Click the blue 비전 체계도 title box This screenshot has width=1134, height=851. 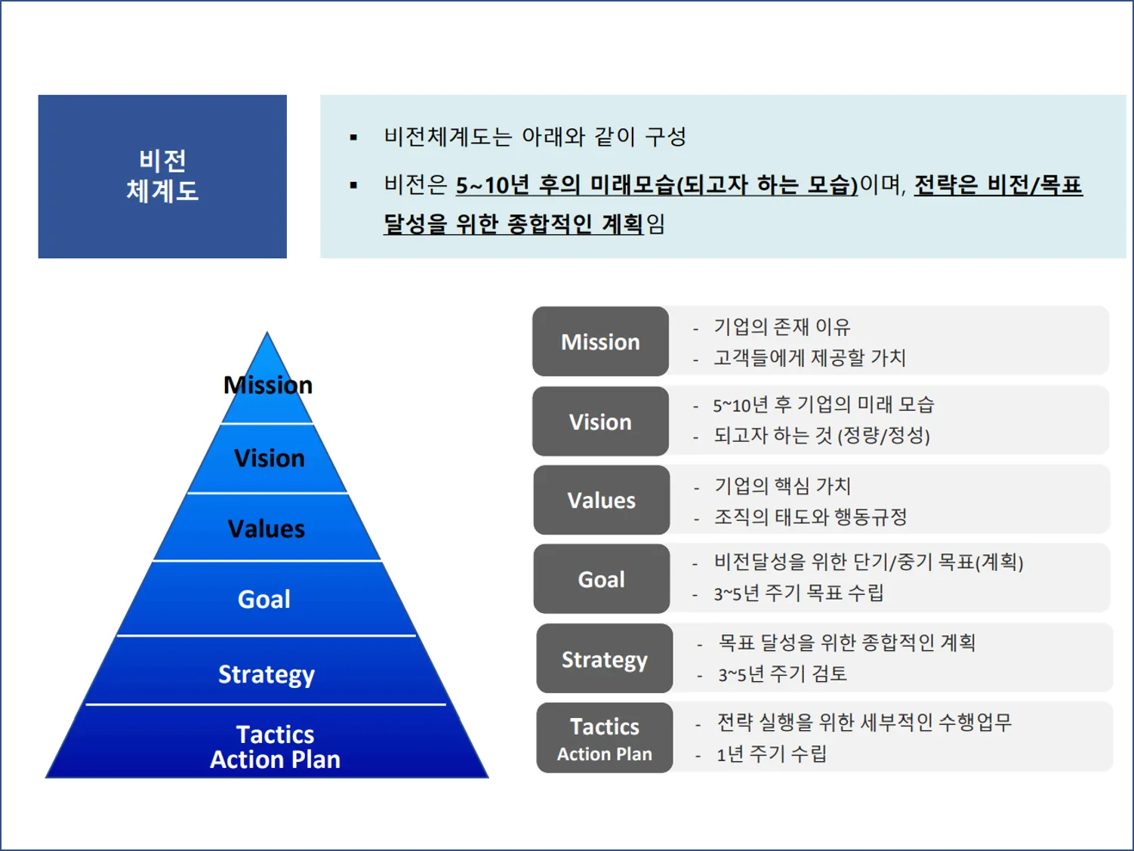tap(162, 176)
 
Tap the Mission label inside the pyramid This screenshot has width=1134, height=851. tap(268, 385)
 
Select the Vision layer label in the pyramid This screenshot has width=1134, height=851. tap(270, 458)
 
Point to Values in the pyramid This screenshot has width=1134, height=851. tap(267, 529)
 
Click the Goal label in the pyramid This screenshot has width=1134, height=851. tap(264, 600)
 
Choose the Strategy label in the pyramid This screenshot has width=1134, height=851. tap(267, 674)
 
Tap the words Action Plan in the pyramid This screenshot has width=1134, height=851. tap(276, 760)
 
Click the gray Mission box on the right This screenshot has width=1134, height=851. tap(600, 342)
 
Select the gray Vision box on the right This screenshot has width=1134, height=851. tap(600, 422)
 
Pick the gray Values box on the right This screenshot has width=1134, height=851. tap(601, 501)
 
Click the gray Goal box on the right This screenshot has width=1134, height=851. tap(601, 579)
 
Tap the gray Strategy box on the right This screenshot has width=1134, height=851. tap(604, 659)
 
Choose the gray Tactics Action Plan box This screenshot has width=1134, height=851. tap(604, 738)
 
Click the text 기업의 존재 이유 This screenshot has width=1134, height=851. tap(782, 327)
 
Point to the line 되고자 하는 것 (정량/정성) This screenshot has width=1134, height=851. tap(821, 436)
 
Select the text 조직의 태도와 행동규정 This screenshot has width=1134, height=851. tap(811, 517)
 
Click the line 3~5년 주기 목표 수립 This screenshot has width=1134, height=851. tap(799, 594)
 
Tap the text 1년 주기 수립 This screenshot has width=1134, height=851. tap(772, 754)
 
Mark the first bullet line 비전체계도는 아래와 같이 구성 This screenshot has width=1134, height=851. tap(535, 137)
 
